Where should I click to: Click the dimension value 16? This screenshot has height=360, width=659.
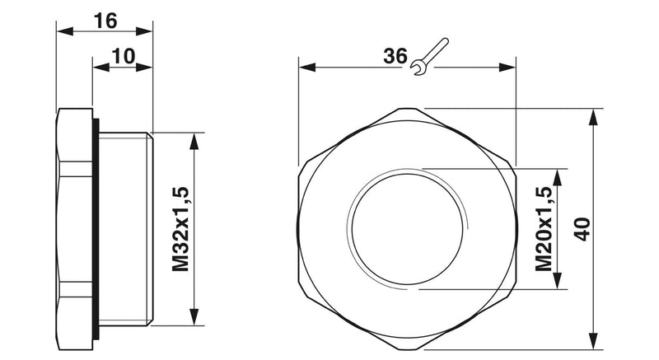[x=105, y=21]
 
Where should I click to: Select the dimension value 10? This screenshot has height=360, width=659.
[x=123, y=56]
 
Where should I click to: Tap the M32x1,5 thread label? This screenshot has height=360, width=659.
[x=180, y=229]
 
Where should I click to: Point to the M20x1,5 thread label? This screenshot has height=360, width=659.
[x=544, y=229]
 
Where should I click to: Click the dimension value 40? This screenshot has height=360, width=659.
[x=582, y=229]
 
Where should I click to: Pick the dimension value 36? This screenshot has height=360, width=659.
[x=395, y=56]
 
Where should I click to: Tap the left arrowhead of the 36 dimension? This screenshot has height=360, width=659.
[x=307, y=68]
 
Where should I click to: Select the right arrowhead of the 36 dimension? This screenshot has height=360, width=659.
[x=507, y=68]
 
